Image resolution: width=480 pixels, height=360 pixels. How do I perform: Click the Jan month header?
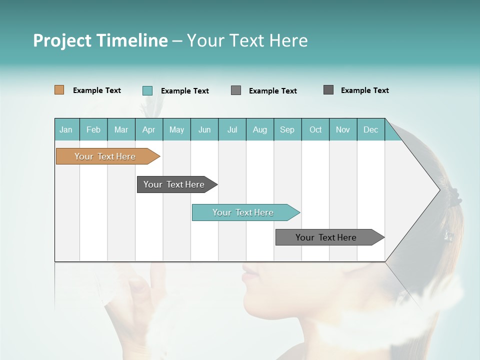pos(66,129)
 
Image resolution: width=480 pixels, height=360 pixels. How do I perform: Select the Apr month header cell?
pos(149,129)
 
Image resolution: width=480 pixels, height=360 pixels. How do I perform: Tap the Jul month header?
pos(232,129)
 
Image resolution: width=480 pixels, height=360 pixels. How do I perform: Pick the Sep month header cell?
pos(287,129)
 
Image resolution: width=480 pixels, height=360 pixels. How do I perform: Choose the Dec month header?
pos(370,129)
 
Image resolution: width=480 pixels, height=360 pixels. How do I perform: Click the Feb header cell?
pos(93,129)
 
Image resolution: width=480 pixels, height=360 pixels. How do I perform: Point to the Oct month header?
pos(315,129)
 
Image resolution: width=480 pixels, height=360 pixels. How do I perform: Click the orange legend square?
pos(59,90)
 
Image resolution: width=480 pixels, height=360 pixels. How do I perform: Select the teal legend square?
pos(147,90)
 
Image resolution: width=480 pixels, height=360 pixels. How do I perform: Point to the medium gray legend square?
pos(236,90)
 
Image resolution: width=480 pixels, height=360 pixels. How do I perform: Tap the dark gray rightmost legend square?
pos(328,90)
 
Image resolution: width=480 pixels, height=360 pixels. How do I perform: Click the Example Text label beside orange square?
pos(97,90)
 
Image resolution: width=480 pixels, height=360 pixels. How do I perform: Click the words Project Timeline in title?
pos(100,40)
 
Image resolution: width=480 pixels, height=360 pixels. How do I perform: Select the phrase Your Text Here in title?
pos(247,40)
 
